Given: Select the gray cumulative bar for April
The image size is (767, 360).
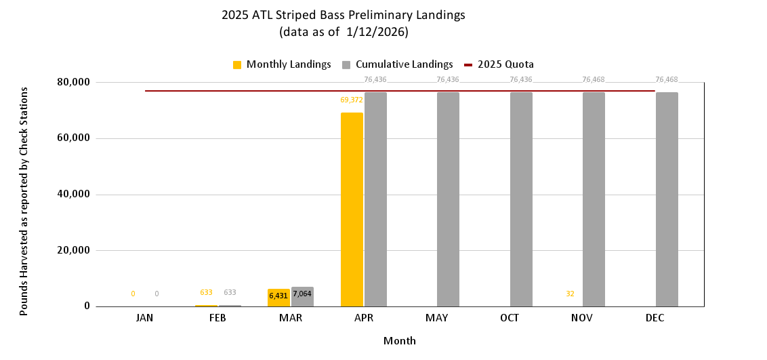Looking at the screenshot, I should [375, 199].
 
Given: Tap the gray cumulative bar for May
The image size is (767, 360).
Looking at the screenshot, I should [448, 199].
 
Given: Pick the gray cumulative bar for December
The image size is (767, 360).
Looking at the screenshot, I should [667, 199].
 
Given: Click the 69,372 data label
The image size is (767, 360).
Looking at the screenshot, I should [352, 100].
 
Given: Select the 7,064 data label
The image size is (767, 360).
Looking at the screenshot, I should [302, 294].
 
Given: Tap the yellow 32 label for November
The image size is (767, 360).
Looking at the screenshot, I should [570, 294].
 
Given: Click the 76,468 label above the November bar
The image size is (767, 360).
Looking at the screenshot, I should [594, 79].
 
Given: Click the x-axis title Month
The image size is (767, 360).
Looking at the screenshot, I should [400, 340].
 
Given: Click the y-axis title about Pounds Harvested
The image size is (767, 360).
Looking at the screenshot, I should [24, 201].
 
